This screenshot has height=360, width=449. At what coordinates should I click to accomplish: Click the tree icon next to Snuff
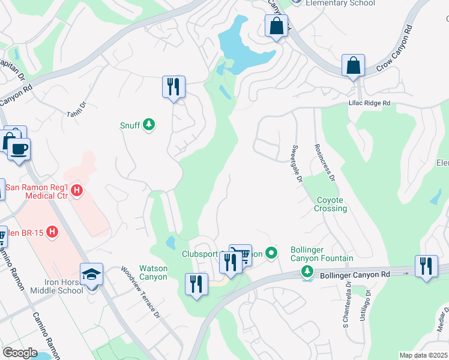[149, 125]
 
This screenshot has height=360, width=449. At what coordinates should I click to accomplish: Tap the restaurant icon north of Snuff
[173, 86]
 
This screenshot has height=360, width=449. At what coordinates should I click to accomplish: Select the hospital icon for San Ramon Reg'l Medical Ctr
[77, 191]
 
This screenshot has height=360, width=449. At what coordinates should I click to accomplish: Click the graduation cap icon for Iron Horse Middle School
[91, 275]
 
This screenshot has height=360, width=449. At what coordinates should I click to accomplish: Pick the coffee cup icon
[19, 148]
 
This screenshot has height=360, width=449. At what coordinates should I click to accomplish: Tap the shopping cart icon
[241, 255]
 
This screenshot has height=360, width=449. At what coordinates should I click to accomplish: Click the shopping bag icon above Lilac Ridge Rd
[354, 65]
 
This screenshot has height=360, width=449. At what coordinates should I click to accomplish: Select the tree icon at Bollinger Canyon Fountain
[307, 272]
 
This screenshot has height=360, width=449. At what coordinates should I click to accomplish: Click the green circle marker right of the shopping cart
[271, 254]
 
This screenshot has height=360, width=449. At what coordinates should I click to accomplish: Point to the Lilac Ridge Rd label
[369, 104]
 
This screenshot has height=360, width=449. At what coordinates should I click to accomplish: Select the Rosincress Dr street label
[323, 162]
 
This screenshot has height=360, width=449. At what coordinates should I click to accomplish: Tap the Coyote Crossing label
[330, 204]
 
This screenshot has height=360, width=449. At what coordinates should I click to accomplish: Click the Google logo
[20, 352]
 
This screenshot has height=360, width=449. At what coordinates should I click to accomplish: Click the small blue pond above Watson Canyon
[170, 242]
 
